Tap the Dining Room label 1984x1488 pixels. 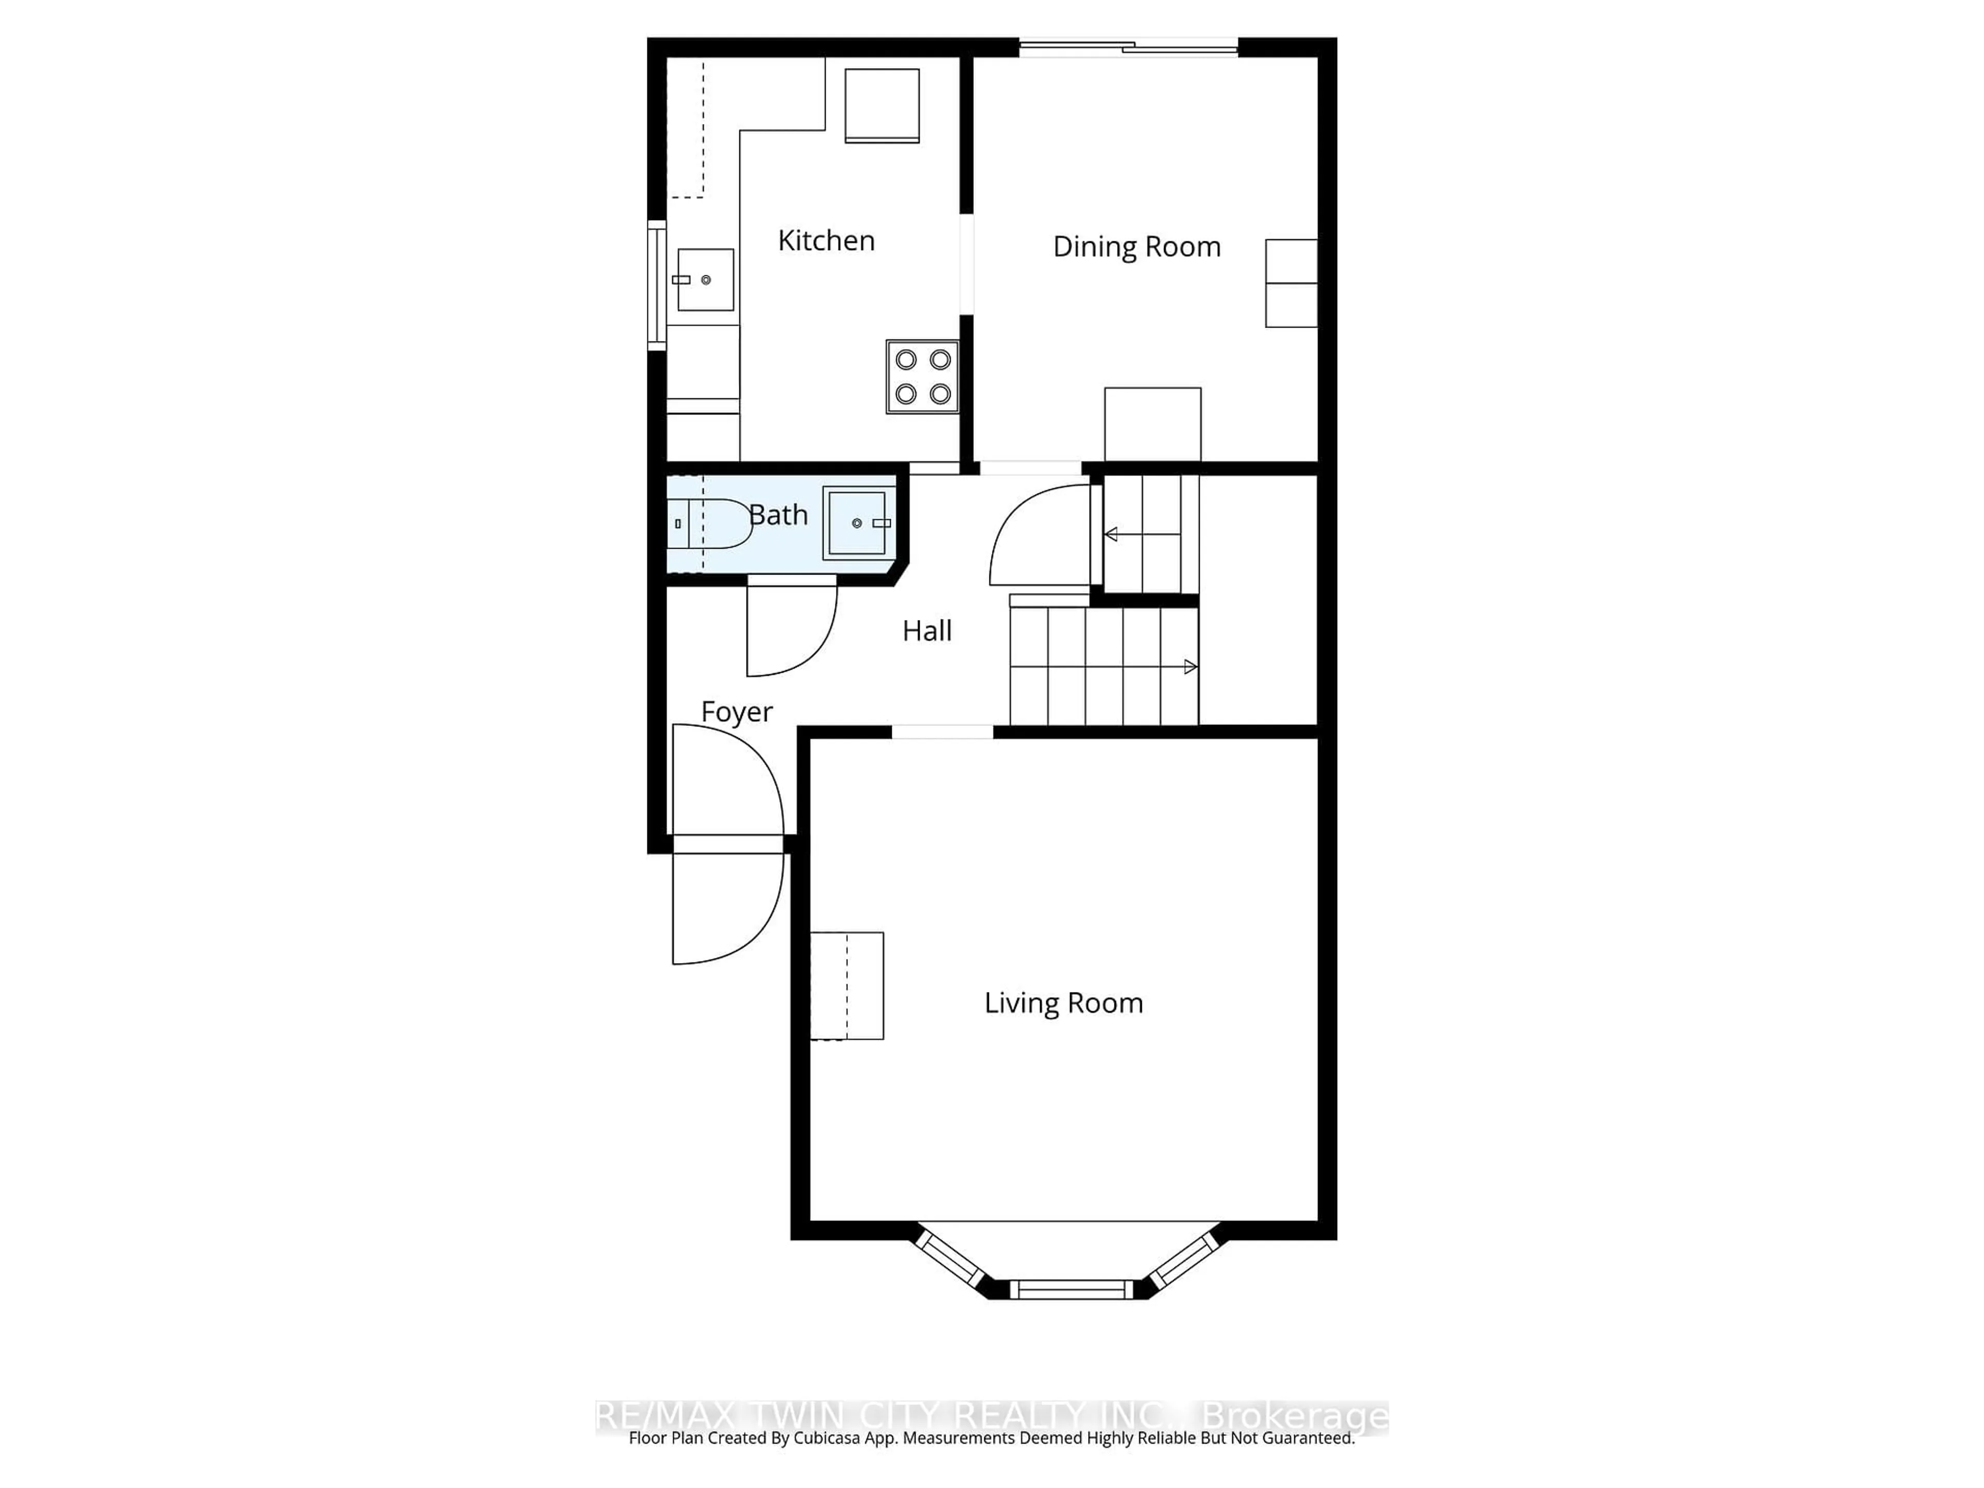1136,246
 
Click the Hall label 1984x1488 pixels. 926,630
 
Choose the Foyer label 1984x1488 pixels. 736,711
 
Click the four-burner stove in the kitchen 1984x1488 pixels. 922,377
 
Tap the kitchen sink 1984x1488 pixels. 705,280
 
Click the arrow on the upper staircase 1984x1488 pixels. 1110,535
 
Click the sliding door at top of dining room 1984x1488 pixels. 1128,48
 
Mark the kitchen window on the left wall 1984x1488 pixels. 657,285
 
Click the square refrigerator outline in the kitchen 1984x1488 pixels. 881,105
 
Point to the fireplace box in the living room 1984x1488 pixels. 847,986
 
